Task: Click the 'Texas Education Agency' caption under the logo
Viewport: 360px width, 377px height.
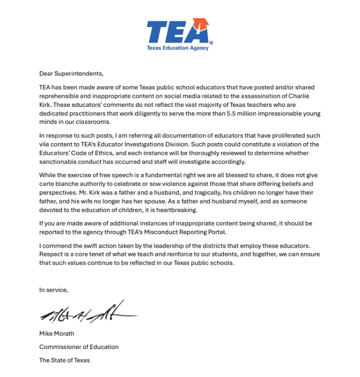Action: [177, 48]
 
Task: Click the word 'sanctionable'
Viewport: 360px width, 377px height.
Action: [59, 162]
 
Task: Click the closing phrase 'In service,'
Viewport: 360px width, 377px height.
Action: [53, 290]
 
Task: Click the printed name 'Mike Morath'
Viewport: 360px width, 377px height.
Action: [57, 333]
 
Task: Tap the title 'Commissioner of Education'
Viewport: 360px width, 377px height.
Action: [79, 347]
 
